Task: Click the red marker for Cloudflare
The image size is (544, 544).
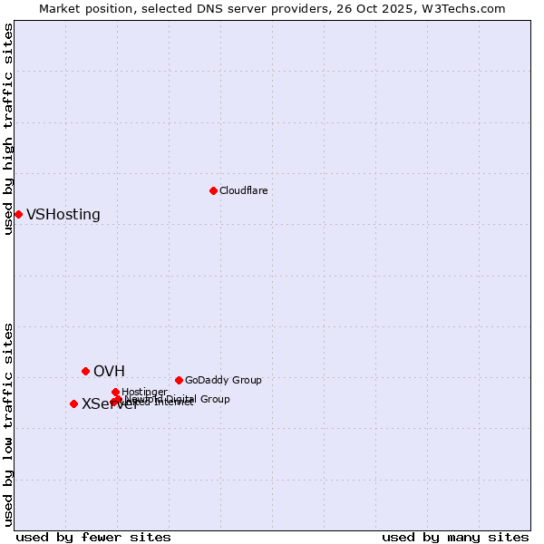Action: [213, 190]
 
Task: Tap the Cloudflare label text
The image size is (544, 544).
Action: [243, 190]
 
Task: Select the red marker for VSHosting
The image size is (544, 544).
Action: [18, 214]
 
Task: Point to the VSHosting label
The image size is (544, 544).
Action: [63, 215]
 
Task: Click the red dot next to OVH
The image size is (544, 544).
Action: [86, 371]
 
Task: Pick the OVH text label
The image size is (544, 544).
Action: [109, 372]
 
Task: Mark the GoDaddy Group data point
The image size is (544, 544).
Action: [179, 380]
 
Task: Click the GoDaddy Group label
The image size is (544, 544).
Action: [223, 380]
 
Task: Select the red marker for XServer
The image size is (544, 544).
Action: [73, 403]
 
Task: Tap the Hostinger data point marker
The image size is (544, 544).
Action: [115, 392]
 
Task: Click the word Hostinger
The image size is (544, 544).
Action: [144, 392]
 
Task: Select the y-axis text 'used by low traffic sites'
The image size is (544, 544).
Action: [9, 423]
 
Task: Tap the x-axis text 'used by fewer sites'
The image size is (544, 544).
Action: [93, 537]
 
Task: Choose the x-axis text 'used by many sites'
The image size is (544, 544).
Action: [455, 537]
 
